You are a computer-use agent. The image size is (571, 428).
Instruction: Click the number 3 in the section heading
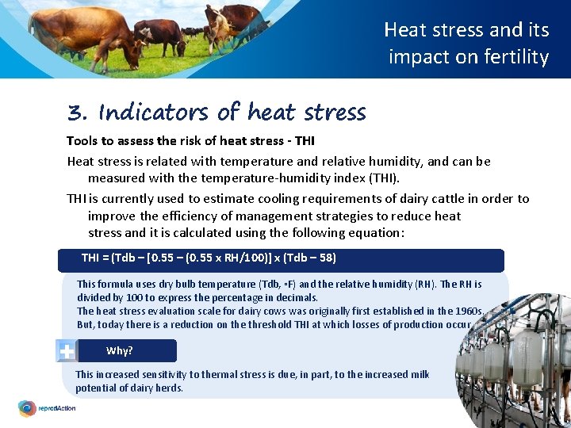[76, 113]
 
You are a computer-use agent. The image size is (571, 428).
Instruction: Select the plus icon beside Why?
[67, 350]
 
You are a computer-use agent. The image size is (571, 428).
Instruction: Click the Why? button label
[120, 350]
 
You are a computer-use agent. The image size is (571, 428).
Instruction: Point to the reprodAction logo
[48, 408]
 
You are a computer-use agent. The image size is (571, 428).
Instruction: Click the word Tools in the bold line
[82, 141]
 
